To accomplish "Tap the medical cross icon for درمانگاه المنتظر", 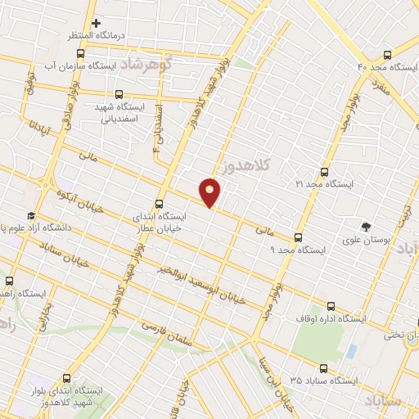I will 97,23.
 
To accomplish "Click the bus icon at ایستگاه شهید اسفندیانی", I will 119,95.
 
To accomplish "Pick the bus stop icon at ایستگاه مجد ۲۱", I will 325,172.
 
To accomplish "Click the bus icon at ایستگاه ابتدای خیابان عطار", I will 160,205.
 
